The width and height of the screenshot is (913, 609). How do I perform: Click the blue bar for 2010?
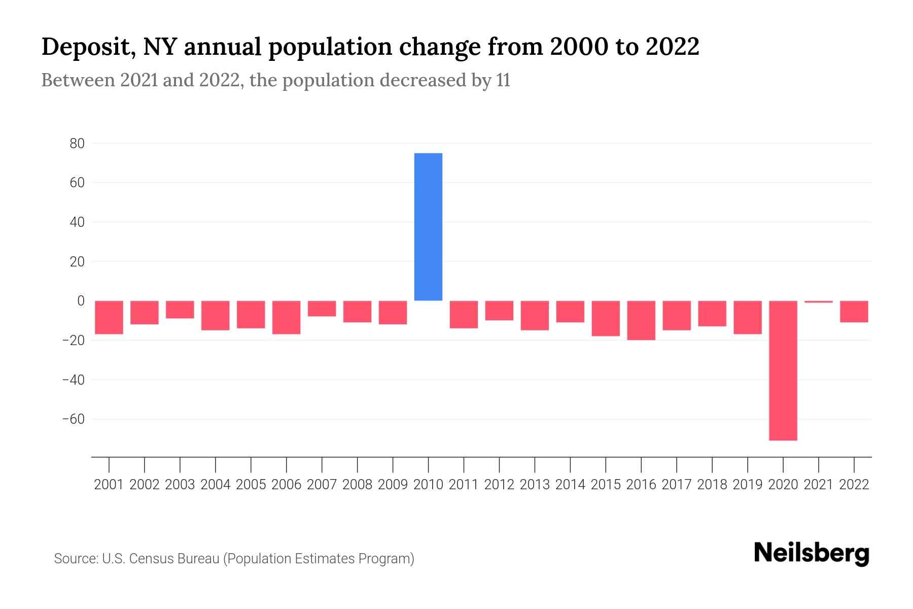(428, 227)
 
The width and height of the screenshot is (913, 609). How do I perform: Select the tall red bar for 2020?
(783, 370)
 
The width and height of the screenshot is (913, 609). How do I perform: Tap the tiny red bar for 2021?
(818, 302)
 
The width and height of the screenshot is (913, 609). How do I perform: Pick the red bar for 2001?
(109, 317)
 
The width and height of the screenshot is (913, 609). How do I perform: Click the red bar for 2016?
(641, 320)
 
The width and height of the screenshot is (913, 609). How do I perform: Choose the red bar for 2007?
(322, 309)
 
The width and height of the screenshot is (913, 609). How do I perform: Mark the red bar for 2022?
(854, 312)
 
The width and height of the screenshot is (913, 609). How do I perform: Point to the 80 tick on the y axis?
(77, 144)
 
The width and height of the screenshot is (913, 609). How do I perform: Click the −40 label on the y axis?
(74, 380)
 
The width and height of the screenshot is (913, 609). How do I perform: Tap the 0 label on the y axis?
(81, 301)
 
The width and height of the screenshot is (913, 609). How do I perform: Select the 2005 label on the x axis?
(251, 485)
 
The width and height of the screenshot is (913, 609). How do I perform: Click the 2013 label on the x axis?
(535, 485)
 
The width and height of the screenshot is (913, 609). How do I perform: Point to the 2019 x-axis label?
(747, 485)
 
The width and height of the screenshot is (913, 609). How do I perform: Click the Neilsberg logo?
(812, 553)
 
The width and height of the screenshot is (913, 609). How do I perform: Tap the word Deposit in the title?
(84, 47)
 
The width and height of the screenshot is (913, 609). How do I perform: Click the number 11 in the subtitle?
(503, 80)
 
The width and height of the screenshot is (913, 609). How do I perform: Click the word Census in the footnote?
(147, 559)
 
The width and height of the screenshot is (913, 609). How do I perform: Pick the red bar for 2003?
(180, 310)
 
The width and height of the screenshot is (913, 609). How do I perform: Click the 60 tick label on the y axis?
(77, 183)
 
